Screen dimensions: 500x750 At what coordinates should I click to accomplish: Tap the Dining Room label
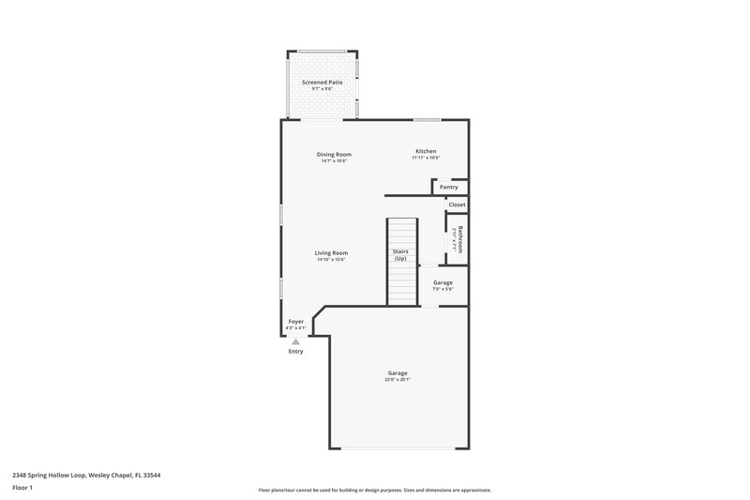click(x=334, y=154)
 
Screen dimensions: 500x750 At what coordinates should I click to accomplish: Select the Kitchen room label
click(x=426, y=151)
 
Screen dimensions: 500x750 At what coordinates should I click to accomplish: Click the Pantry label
click(x=449, y=187)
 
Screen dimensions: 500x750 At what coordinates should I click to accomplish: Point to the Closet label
click(x=457, y=205)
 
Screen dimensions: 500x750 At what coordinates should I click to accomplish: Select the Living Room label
click(x=331, y=252)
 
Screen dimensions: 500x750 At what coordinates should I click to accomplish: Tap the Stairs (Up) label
click(x=400, y=254)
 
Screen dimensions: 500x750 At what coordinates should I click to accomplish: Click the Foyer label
click(x=295, y=321)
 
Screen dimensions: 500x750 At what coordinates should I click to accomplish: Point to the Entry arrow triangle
click(x=295, y=342)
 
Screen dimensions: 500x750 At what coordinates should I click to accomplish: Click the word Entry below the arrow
click(x=295, y=352)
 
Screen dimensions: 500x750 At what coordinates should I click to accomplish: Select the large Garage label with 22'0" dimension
click(x=397, y=372)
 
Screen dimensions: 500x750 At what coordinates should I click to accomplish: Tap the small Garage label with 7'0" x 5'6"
click(x=442, y=282)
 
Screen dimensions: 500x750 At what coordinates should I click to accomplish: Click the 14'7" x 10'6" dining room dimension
click(x=334, y=161)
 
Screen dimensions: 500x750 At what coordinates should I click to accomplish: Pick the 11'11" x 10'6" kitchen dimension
click(x=426, y=158)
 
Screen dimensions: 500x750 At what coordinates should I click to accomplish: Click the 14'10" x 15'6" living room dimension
click(x=331, y=260)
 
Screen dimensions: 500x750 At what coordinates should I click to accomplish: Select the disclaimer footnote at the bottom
click(x=374, y=490)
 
